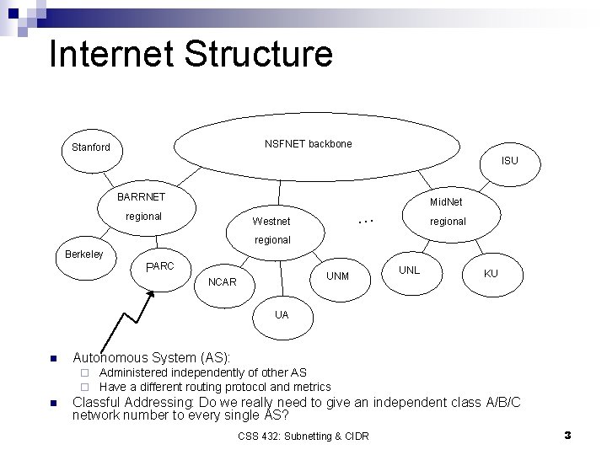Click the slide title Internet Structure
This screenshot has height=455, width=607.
click(x=191, y=55)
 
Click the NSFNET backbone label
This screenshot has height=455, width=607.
click(x=308, y=144)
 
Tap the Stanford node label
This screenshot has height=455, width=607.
click(x=90, y=147)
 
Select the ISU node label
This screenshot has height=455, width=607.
click(x=510, y=160)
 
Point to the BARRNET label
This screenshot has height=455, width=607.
click(x=142, y=196)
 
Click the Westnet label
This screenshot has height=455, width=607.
click(x=271, y=222)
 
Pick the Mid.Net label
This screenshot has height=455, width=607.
click(x=446, y=202)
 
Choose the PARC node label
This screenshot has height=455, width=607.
click(x=159, y=266)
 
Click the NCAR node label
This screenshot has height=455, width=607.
click(x=222, y=281)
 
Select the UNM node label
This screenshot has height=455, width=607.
click(x=337, y=276)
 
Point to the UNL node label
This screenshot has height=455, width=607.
click(x=409, y=270)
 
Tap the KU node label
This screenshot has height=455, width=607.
click(x=491, y=274)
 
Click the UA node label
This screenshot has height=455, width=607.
click(x=282, y=314)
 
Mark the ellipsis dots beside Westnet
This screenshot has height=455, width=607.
click(x=365, y=220)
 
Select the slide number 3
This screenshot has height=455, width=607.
click(x=567, y=435)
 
